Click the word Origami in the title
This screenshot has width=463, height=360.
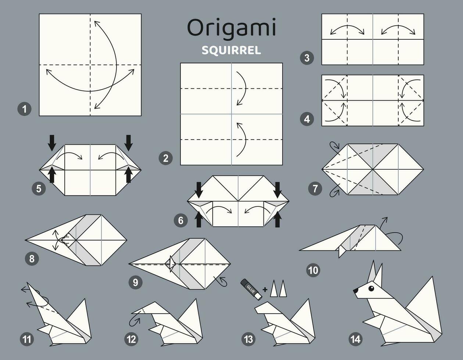coord(232,28)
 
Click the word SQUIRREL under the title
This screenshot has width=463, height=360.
coord(232,50)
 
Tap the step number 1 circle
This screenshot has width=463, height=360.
coord(25,109)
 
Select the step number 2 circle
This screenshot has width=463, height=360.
coord(166,158)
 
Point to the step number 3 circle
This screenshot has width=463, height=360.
coord(307,58)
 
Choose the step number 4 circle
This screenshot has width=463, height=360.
coord(307,119)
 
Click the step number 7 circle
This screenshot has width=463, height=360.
coord(315,189)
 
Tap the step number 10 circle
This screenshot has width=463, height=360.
coord(313,271)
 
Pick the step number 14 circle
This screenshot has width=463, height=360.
coord(356,339)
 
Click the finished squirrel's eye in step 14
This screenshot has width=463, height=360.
coord(371,289)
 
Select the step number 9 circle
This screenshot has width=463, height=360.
coord(136,282)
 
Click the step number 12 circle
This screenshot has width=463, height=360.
coord(132,339)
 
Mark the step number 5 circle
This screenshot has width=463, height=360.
coord(39,189)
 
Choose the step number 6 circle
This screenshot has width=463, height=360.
coord(180,220)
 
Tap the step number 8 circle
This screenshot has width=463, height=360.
coord(32,259)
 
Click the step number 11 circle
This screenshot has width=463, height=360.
coord(27,339)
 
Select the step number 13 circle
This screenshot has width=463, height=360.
coord(249,339)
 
